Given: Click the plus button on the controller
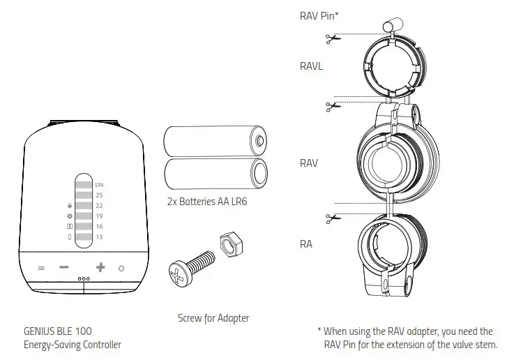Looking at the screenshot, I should click(x=100, y=267).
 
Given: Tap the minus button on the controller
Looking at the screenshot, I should click(x=64, y=267).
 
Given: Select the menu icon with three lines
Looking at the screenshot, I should click(x=41, y=268).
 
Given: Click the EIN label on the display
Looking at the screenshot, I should click(x=99, y=184).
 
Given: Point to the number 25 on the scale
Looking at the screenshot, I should click(x=99, y=195).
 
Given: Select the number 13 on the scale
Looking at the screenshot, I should click(x=99, y=237).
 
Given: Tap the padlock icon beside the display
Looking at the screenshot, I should click(x=69, y=206).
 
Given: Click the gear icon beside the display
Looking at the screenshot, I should click(x=69, y=216).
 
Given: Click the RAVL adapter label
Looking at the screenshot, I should click(x=311, y=66).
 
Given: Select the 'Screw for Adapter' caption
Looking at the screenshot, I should click(x=213, y=318).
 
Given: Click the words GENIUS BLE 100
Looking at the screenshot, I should click(x=58, y=331).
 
